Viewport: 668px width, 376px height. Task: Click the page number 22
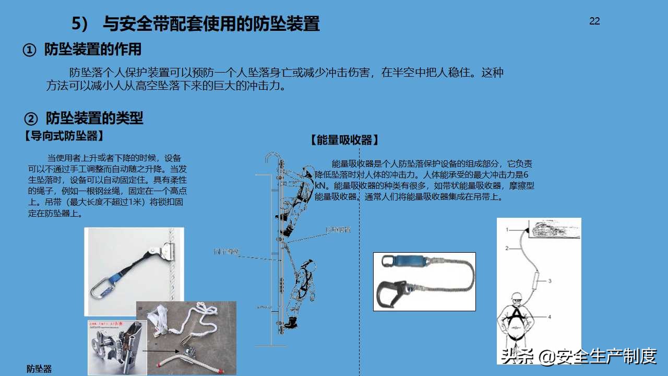594,21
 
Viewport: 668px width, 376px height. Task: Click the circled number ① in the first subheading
30,50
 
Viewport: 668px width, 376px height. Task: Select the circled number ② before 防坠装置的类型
31,118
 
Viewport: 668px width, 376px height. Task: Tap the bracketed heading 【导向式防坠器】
63,136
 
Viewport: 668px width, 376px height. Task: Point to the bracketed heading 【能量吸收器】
344,140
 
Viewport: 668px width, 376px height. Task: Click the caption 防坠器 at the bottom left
39,369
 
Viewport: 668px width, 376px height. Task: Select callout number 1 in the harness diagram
507,229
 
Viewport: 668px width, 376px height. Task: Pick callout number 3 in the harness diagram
549,281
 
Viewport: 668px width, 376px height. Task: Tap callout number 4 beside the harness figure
549,316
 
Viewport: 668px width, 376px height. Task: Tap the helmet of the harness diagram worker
516,298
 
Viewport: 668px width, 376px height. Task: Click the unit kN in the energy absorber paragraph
321,185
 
